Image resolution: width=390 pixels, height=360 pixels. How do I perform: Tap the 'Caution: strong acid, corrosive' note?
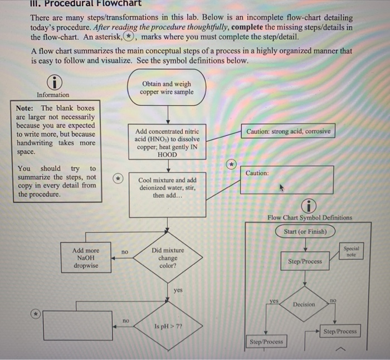point(288,132)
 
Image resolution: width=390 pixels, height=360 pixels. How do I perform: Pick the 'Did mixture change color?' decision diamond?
point(167,257)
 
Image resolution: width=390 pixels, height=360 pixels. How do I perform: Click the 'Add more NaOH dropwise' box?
point(86,258)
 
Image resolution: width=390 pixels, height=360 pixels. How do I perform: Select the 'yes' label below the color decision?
point(178,290)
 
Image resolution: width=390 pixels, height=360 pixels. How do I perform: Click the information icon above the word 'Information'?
point(53,82)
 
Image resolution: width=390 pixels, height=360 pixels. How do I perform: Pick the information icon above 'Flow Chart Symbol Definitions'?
point(309,205)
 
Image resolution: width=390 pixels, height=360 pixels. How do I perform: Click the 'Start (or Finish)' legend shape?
point(305,231)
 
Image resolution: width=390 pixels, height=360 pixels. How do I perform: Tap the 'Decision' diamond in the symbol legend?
point(303,304)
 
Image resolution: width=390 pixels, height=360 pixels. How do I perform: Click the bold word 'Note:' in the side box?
point(25,108)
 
